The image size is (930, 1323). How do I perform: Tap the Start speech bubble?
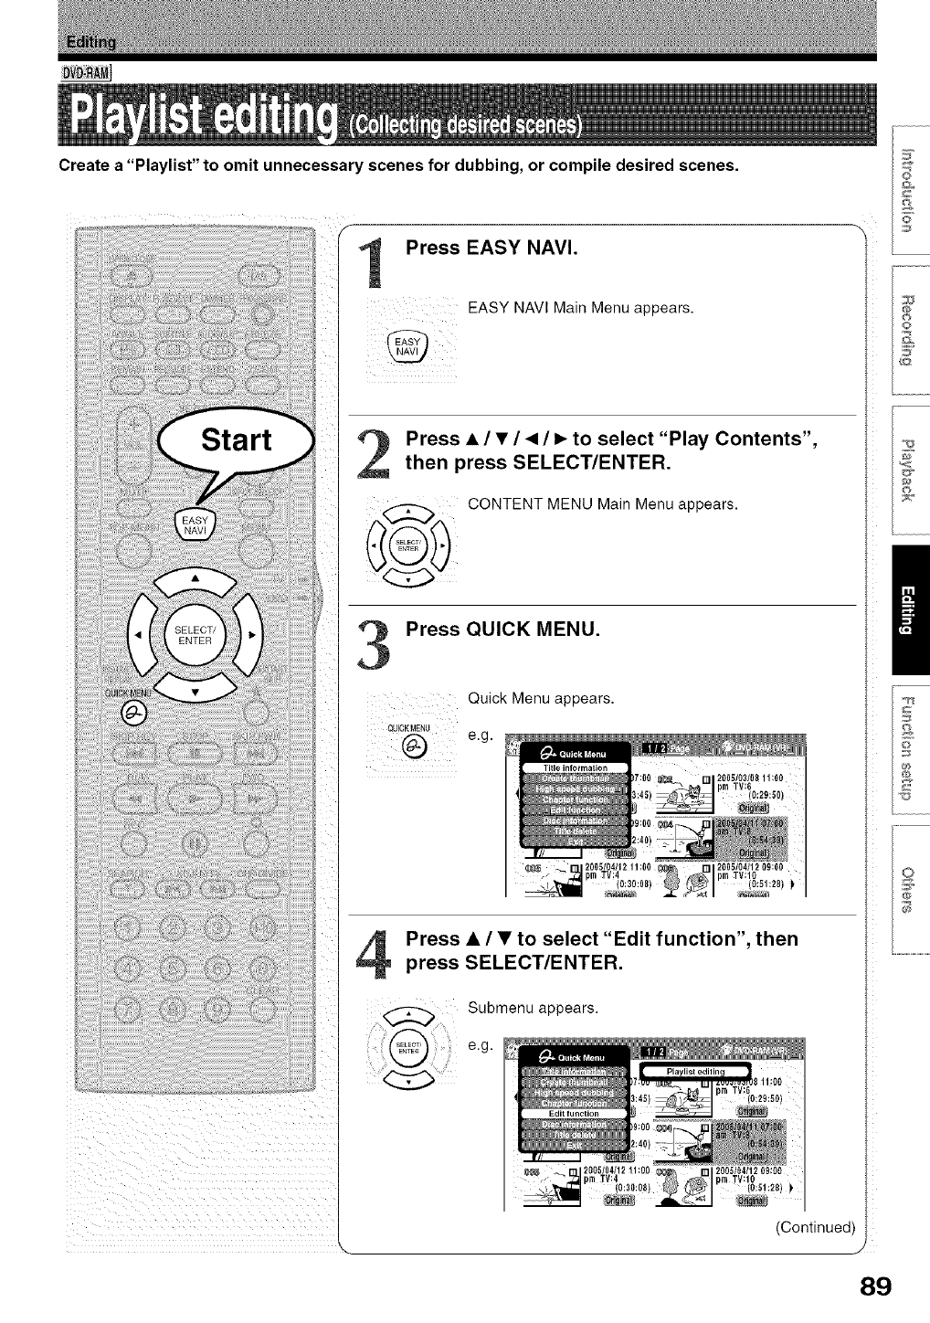[237, 440]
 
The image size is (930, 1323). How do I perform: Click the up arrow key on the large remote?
[193, 580]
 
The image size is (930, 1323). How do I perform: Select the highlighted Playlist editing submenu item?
[694, 1072]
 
